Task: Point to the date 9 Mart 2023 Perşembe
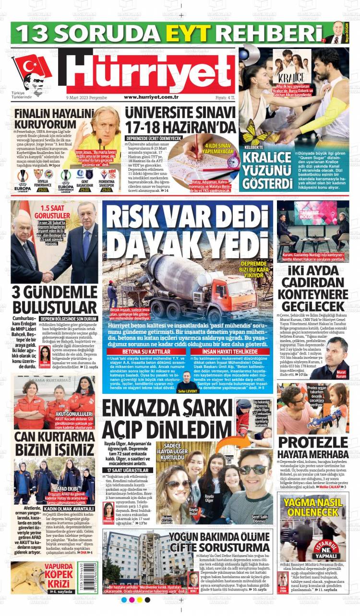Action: pyautogui.click(x=86, y=97)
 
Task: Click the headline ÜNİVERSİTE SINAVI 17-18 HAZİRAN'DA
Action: pyautogui.click(x=180, y=120)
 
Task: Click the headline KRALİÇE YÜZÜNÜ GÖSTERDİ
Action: pyautogui.click(x=267, y=170)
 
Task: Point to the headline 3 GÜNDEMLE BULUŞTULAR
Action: pyautogui.click(x=54, y=300)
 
